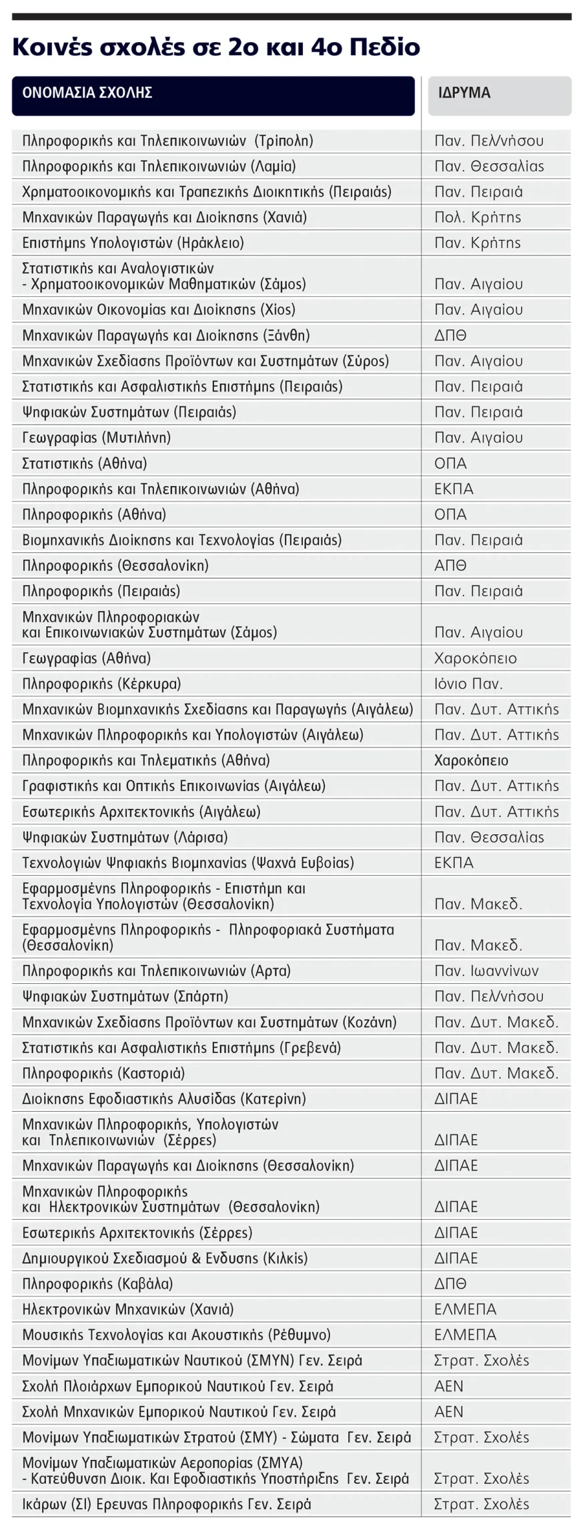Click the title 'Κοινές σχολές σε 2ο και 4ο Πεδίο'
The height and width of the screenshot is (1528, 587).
pyautogui.click(x=216, y=47)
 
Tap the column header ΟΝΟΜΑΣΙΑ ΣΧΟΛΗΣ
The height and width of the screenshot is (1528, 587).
pyautogui.click(x=87, y=93)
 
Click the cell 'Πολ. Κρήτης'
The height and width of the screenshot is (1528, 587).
pyautogui.click(x=478, y=217)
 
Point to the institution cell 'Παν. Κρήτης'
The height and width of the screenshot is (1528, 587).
pyautogui.click(x=478, y=243)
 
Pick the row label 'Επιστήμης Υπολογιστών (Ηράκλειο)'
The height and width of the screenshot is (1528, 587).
pyautogui.click(x=133, y=243)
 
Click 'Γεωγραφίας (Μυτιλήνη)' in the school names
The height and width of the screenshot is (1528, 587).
pyautogui.click(x=96, y=438)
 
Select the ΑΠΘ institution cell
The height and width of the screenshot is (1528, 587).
pyautogui.click(x=450, y=566)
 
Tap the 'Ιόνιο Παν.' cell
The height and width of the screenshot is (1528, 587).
pyautogui.click(x=468, y=684)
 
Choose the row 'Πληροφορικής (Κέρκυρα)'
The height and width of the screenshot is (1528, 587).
pyautogui.click(x=101, y=684)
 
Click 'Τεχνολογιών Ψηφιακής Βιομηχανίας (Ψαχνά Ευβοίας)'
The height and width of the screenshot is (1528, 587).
pyautogui.click(x=188, y=862)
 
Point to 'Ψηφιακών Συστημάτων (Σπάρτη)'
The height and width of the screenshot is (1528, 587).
pyautogui.click(x=125, y=996)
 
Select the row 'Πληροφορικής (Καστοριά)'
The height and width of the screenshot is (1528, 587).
pyautogui.click(x=103, y=1073)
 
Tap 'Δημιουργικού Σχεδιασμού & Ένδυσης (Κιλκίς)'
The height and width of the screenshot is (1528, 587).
pyautogui.click(x=165, y=1258)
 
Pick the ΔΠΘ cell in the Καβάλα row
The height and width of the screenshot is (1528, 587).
pyautogui.click(x=450, y=1283)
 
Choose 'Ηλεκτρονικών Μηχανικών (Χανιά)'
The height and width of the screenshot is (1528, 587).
pyautogui.click(x=128, y=1309)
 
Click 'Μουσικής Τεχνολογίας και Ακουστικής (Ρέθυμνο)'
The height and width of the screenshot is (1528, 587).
pyautogui.click(x=176, y=1335)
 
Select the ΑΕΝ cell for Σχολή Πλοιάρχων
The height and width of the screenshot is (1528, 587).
pyautogui.click(x=448, y=1386)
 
